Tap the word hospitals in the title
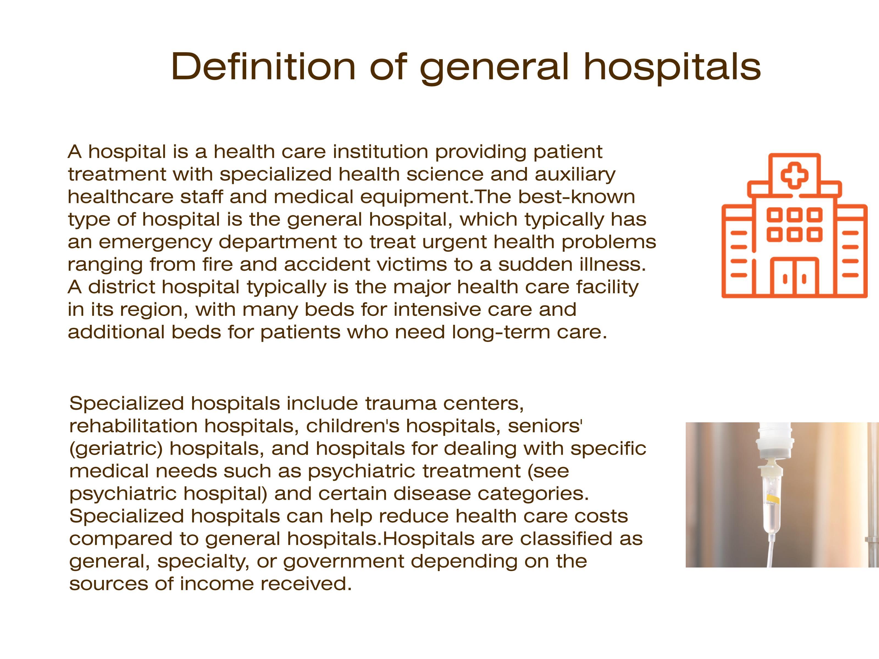point(672,68)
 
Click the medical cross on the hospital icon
point(795,175)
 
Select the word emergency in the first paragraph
point(155,242)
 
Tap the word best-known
point(576,197)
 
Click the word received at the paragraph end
point(306,584)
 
